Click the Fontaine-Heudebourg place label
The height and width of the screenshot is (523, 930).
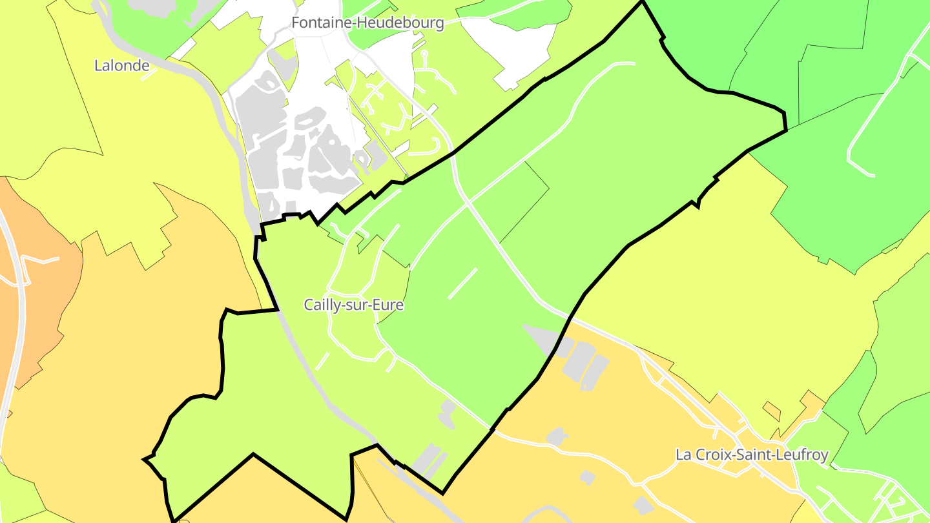coord(367,23)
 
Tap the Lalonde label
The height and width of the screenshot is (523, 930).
coord(121,65)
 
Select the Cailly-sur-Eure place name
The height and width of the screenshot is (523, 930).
coord(354,305)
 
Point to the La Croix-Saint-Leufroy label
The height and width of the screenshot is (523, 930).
coord(752,455)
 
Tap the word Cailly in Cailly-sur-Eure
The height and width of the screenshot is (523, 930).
coord(322,305)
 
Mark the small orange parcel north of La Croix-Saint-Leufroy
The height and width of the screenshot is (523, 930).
coord(771,410)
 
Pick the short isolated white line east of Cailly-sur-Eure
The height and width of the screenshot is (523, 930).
coord(462,283)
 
